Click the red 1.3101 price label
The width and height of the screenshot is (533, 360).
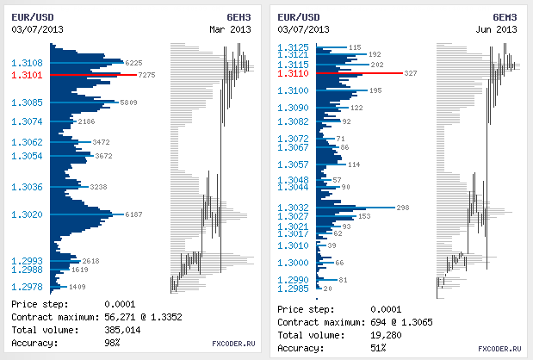coord(27,75)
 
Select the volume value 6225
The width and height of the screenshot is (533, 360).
coord(133,63)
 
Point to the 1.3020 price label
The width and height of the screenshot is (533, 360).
coord(27,214)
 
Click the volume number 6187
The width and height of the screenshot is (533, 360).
coord(134,214)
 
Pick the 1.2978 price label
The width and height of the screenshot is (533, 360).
coord(27,287)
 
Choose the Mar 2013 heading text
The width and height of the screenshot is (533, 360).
coord(231,29)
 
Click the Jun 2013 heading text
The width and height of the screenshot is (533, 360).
coord(497,29)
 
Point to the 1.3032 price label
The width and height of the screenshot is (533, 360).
coord(294,208)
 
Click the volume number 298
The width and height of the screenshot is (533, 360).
coord(403,208)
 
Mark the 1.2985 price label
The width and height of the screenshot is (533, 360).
coord(294,289)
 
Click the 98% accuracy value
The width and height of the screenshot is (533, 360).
coord(113,343)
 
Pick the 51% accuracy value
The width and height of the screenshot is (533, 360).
coord(379,348)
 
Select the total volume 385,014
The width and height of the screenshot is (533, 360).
coord(122,331)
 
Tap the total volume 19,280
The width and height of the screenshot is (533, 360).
coord(385,335)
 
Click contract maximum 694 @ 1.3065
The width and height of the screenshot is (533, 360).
coord(410,322)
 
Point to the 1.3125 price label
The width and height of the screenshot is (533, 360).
coord(294,47)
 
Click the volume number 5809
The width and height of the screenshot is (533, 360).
coord(129,102)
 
